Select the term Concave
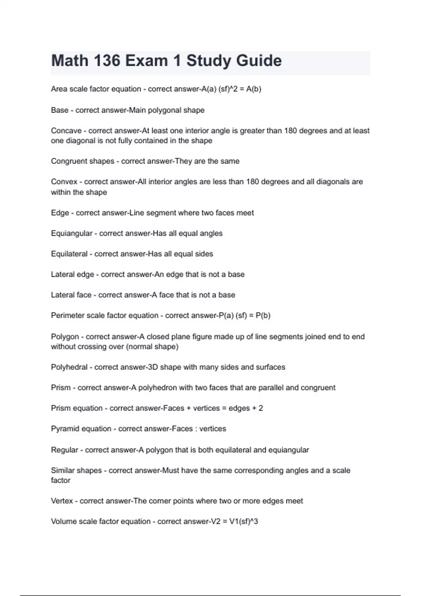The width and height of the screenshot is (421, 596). click(66, 131)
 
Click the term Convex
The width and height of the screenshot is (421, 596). click(64, 182)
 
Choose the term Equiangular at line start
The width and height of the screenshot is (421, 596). click(72, 233)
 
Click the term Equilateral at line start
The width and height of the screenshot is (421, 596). click(69, 254)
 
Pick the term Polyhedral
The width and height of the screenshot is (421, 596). click(69, 367)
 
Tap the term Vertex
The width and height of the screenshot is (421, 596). click(62, 501)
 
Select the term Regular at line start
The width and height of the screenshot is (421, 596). click(65, 450)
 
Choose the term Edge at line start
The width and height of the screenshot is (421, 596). click(60, 213)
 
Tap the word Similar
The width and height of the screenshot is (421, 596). click(63, 470)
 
